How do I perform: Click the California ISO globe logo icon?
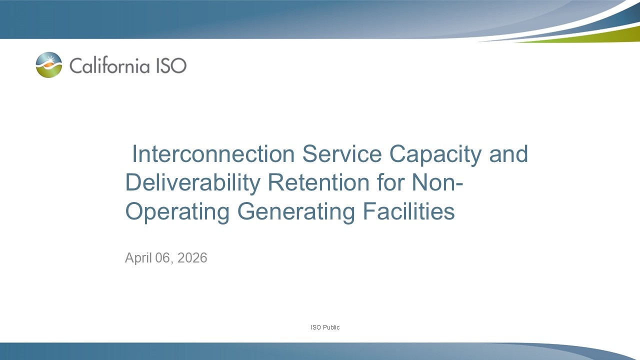coord(49,65)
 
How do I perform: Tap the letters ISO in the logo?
coord(170,65)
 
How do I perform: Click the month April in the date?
coord(137,258)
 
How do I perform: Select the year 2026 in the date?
coord(192,258)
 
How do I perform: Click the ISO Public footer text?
coord(325,327)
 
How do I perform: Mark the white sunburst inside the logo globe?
coord(49,61)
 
